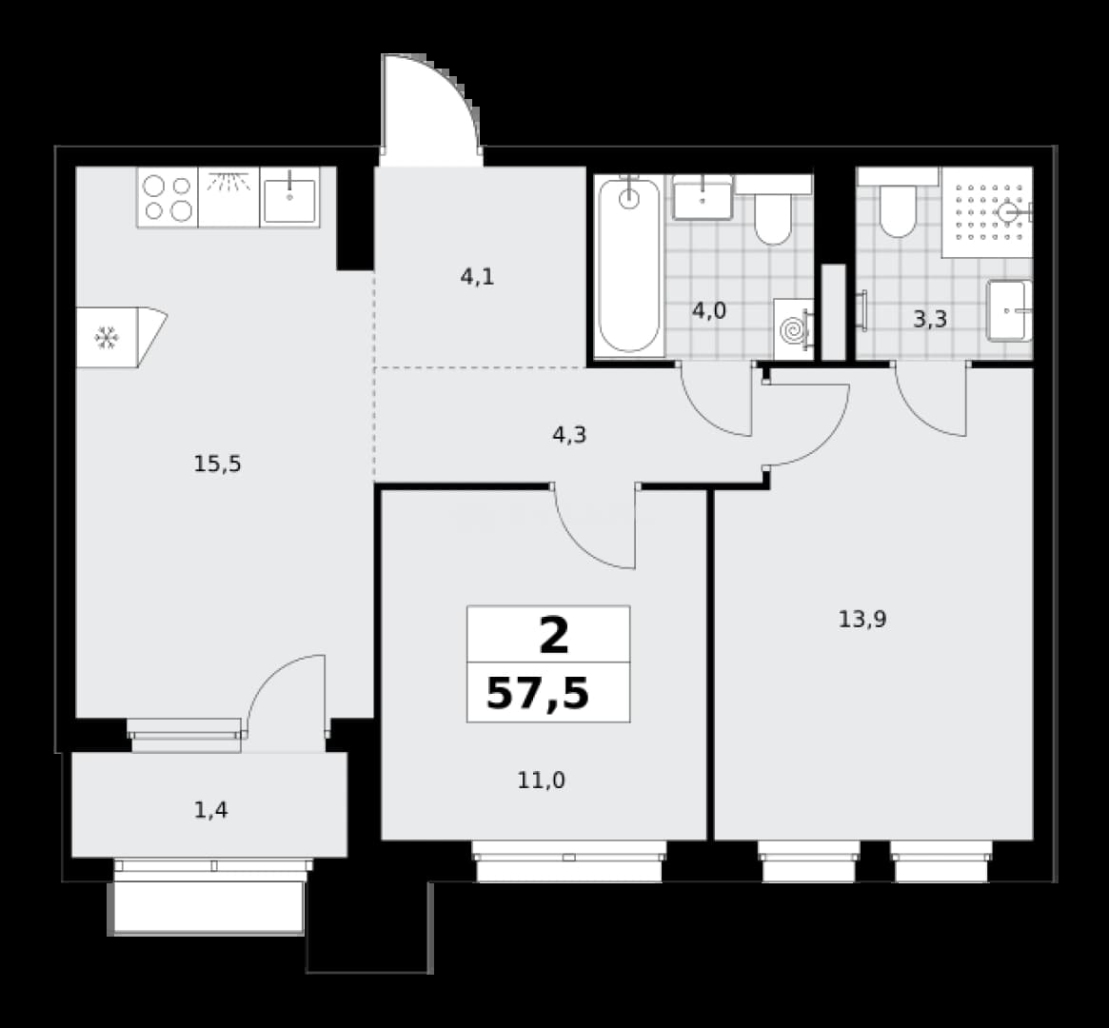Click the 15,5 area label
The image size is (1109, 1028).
coord(218,465)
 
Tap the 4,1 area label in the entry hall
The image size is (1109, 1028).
coord(478,277)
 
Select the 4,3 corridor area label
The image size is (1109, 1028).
coord(569,435)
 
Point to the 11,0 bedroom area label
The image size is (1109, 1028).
coord(541,781)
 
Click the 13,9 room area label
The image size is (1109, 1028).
coord(862,620)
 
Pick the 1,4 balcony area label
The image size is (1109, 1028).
coord(210,810)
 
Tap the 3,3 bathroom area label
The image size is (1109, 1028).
coord(929,320)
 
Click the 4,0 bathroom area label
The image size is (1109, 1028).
coord(708,310)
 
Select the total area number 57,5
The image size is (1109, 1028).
coord(538,694)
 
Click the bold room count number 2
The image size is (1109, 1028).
coord(554,636)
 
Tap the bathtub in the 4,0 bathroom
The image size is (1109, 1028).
coord(629,266)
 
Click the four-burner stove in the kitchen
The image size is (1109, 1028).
coord(168,197)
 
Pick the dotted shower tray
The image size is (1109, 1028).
coord(987,212)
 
